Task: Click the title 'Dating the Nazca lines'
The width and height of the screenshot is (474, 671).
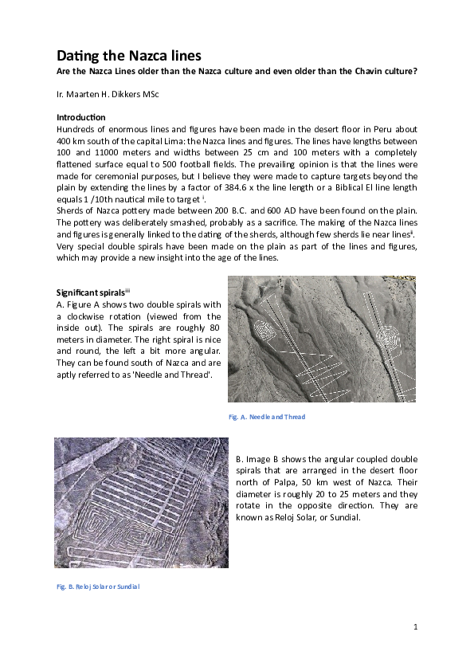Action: coord(128,56)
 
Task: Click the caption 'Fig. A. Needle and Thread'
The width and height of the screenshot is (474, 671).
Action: coord(267,417)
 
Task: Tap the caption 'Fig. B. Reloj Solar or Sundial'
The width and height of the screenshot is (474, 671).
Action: coord(98,587)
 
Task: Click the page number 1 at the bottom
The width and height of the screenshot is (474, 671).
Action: coord(416,628)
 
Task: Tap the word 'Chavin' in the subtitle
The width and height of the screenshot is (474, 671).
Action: coord(364,71)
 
